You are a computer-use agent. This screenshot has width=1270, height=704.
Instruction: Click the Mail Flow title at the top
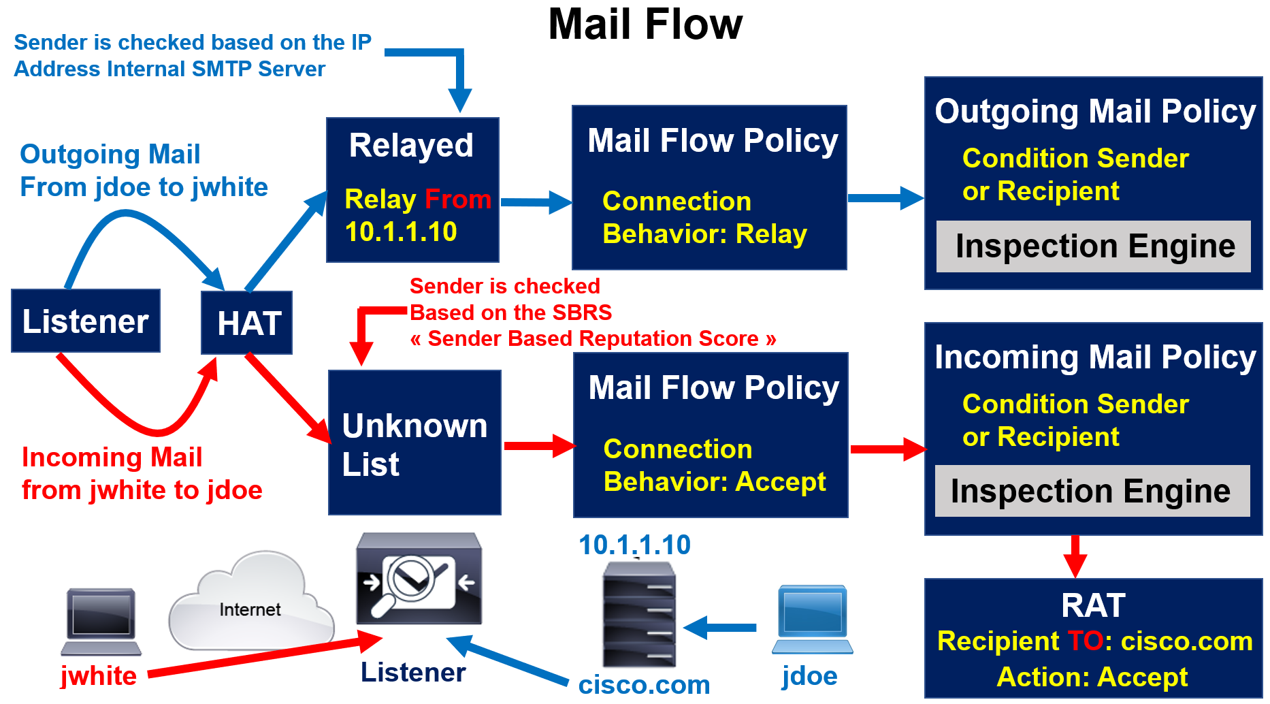645,25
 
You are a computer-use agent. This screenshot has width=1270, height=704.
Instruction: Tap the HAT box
247,323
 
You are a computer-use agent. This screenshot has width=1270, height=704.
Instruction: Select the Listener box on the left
86,321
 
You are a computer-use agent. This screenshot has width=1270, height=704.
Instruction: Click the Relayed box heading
411,145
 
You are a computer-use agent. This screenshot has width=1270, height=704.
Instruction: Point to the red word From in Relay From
458,199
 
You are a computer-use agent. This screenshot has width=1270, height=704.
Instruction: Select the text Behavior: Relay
704,234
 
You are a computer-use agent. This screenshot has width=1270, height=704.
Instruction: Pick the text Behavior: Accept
715,482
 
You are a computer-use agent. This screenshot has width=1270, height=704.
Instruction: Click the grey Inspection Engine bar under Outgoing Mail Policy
1094,246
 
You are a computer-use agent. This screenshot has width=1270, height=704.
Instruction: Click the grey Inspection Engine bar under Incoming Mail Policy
1092,491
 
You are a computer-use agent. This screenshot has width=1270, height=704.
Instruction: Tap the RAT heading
1093,605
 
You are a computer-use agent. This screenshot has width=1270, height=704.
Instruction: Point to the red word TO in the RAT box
1085,641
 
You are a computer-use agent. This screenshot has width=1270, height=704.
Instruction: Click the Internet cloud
251,603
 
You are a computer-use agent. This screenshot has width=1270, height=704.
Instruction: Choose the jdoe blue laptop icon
812,618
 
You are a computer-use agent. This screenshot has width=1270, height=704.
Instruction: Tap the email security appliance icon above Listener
419,579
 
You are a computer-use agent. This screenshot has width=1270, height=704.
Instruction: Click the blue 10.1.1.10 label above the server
634,545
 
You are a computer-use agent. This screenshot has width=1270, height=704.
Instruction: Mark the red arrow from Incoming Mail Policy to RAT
1075,556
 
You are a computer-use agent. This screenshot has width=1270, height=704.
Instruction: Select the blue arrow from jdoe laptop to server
720,627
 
